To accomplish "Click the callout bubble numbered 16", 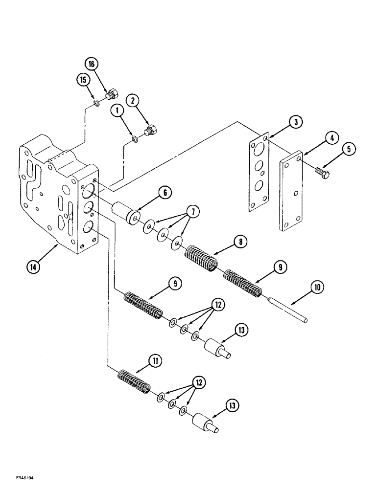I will pos(93,64).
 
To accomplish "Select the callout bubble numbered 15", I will pos(82,79).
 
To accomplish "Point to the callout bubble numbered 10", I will pos(316,288).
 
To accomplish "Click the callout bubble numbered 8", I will pos(241,241).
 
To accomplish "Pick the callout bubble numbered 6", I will pos(165,193).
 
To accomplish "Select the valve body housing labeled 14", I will pos(59,196).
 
